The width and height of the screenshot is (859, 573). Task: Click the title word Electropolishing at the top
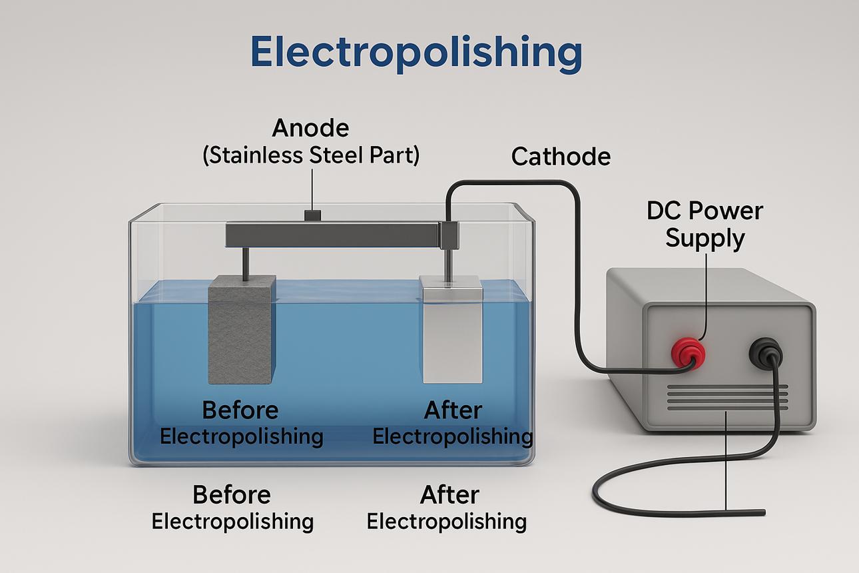point(416,52)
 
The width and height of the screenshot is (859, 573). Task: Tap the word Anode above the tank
point(310,127)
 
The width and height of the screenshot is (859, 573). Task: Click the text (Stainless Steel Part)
point(310,155)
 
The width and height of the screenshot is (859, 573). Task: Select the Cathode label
point(561,157)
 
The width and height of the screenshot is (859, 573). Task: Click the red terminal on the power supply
point(688,352)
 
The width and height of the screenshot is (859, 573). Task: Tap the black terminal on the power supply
point(765,352)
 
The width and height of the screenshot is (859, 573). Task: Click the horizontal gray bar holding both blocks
point(333,235)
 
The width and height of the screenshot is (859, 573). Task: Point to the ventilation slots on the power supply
point(727,398)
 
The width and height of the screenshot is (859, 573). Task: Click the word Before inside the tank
point(240,410)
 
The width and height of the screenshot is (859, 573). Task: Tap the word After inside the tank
point(453,410)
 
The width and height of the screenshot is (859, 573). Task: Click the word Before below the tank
point(232,495)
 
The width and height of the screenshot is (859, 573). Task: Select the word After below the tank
point(449,495)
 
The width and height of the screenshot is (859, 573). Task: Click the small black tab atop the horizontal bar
point(312,215)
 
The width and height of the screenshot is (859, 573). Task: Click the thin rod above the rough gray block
point(246,263)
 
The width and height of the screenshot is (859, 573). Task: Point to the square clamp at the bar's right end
point(449,235)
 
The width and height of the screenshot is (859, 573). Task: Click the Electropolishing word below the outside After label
point(446,522)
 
